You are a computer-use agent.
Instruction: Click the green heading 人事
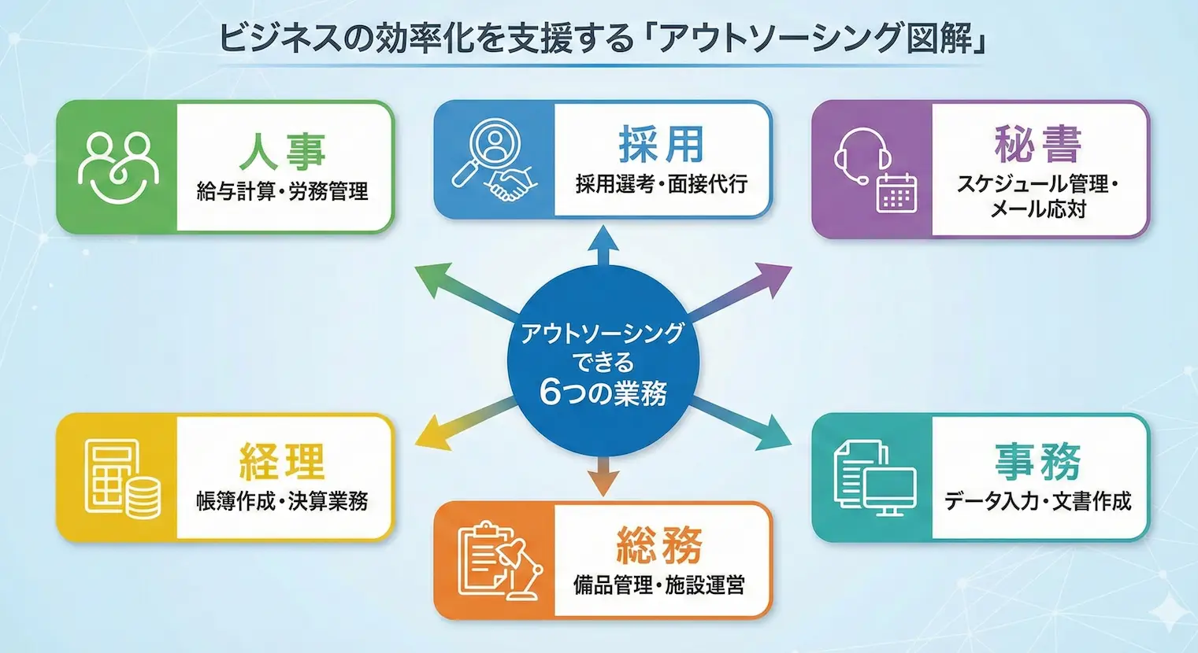point(282,150)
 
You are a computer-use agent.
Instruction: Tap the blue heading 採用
point(660,145)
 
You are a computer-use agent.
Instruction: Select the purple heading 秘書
point(1037,145)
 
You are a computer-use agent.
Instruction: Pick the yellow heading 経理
point(282,461)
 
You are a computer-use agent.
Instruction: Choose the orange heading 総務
point(659,545)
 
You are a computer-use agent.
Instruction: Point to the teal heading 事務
point(1037,462)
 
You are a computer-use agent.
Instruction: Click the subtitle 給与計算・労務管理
point(282,191)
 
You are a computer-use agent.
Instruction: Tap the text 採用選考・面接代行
point(660,184)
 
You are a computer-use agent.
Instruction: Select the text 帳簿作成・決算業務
point(282,501)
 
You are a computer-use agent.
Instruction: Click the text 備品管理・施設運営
point(659,585)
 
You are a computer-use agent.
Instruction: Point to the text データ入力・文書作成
point(1037,501)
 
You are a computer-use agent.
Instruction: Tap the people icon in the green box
point(118,166)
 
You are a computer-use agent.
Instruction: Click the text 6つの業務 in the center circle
point(603,393)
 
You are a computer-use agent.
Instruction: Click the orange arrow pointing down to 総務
point(603,476)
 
